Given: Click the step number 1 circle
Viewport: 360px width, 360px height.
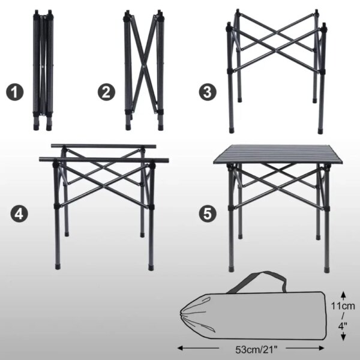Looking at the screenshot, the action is coord(14,92).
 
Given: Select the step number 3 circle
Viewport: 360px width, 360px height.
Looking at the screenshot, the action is coord(208,92).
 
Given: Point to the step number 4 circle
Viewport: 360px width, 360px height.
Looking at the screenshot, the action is coord(19,214).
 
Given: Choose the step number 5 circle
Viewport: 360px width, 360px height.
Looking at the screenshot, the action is coord(208,214).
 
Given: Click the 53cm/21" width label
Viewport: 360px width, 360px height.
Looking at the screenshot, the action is coord(256,350).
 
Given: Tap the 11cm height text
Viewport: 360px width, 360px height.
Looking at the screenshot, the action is coord(343,306).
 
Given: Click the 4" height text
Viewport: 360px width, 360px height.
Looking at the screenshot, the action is coord(343,326).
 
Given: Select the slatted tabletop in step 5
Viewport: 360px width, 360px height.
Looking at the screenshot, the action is coord(278,154).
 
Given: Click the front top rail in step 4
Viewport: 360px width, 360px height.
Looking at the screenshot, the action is coord(104,160).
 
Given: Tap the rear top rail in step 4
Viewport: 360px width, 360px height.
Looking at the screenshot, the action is coord(103,146).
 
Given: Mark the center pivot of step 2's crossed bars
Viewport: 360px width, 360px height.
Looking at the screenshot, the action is coord(143,67).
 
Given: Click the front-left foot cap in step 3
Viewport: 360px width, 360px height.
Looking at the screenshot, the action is coord(232,131).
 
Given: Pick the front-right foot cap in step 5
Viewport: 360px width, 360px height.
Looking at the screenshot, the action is coord(326,269).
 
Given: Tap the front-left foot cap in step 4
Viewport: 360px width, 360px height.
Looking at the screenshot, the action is coord(58,266).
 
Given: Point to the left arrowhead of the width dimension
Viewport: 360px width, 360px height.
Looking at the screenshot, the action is coord(181,348).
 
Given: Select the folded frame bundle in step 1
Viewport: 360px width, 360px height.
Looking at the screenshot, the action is coord(43,70).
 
